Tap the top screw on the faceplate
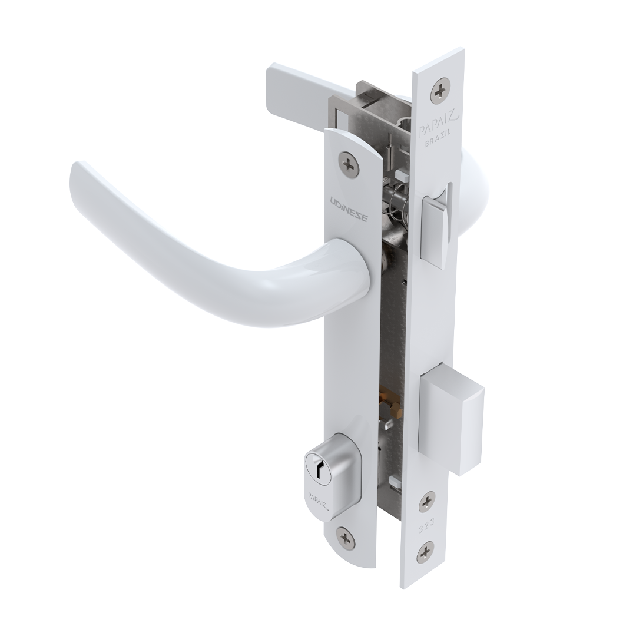(x=440, y=92)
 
